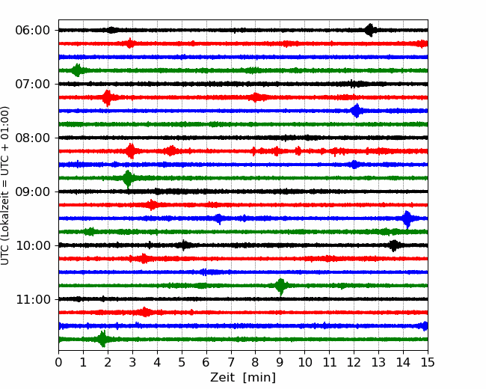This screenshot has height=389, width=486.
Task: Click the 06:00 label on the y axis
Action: [x=33, y=31]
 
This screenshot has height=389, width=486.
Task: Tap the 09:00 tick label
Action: [x=33, y=192]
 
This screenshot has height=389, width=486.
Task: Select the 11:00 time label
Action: [x=33, y=299]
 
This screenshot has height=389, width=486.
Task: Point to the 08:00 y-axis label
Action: [x=33, y=138]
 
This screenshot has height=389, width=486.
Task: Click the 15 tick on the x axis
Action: [x=428, y=362]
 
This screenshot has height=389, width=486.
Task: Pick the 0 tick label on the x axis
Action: [x=58, y=362]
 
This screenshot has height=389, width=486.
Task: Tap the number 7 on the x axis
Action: [x=231, y=362]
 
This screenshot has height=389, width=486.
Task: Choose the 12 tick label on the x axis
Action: [x=354, y=362]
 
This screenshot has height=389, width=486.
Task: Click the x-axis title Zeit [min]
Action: [x=243, y=378]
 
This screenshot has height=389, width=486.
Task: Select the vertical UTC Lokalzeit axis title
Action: [x=5, y=186]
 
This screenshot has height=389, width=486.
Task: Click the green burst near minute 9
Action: [x=281, y=286]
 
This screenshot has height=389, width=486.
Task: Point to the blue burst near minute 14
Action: [x=407, y=218]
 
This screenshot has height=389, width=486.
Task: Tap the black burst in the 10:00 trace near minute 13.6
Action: [x=393, y=245]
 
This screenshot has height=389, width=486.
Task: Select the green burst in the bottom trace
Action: [x=102, y=339]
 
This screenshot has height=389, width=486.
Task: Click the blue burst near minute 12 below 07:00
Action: [x=357, y=111]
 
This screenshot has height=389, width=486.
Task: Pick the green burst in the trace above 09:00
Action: [x=128, y=178]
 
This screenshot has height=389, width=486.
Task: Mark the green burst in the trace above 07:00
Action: [x=77, y=70]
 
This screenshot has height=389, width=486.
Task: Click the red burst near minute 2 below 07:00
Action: [x=107, y=98]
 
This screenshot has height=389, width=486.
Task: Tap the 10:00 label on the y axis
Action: [x=33, y=245]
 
